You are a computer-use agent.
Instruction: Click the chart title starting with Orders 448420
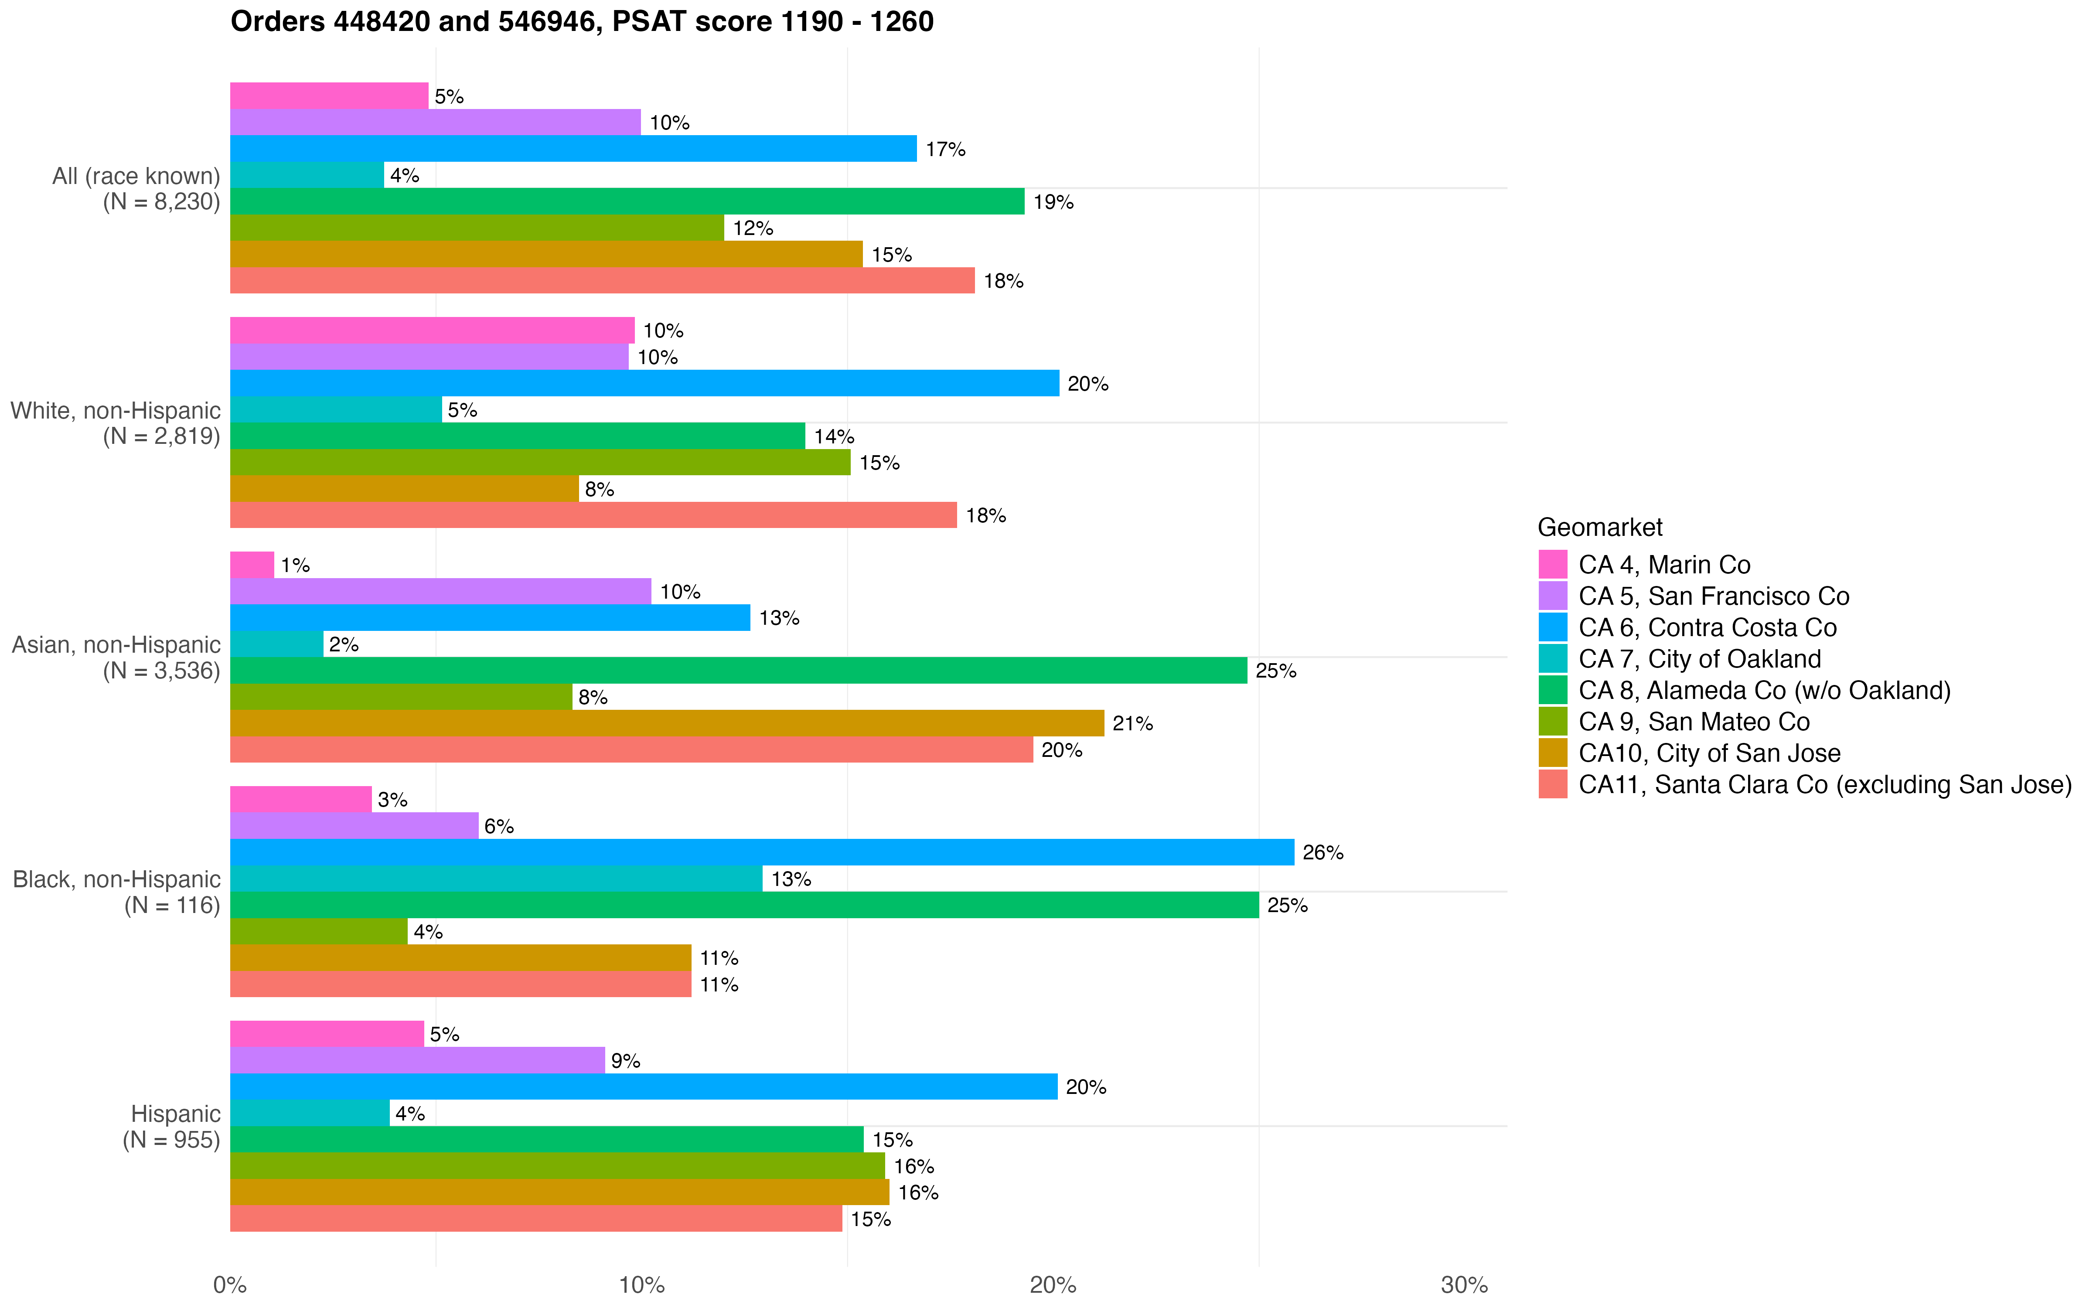point(581,22)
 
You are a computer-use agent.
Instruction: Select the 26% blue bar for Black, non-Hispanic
point(761,852)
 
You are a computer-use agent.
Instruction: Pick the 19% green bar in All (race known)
point(627,201)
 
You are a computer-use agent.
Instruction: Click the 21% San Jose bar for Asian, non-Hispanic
point(666,723)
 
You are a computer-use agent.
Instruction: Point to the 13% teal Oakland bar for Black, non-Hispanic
point(496,879)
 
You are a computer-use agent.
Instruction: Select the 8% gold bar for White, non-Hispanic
point(404,489)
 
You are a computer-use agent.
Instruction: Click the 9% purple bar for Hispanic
point(417,1061)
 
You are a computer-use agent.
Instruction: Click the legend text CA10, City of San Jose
point(1709,753)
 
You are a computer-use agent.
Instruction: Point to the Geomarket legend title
point(1599,528)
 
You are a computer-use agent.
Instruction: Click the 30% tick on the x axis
point(1464,1285)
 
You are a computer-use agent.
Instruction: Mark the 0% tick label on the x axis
point(230,1285)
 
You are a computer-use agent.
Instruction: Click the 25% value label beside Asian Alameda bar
point(1276,671)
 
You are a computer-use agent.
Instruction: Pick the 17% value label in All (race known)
point(945,150)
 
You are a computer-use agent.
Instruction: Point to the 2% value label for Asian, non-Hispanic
point(343,644)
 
